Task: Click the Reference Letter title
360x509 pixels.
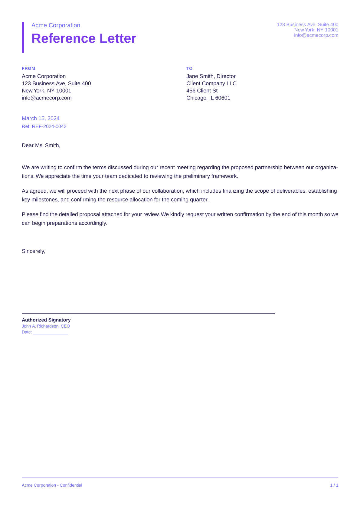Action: [x=84, y=39]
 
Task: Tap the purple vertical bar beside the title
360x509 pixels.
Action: [x=23, y=37]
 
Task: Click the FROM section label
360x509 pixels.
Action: [x=28, y=68]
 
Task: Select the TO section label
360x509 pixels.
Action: [x=189, y=68]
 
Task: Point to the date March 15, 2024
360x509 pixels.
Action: [x=41, y=118]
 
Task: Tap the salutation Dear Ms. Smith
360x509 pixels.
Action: [x=41, y=145]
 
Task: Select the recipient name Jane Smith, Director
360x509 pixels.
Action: [x=211, y=76]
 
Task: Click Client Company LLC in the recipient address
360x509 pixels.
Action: [x=211, y=83]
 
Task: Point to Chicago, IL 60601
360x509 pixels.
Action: [x=208, y=98]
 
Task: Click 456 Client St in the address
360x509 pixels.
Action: [x=202, y=91]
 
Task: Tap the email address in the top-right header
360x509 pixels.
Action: [x=316, y=35]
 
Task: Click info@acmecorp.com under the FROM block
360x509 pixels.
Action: [x=47, y=98]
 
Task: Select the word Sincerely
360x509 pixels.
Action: [x=33, y=251]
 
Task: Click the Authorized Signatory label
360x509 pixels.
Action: [x=46, y=320]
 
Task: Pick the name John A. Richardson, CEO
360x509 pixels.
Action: [x=46, y=326]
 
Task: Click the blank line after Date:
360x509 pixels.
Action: [x=51, y=333]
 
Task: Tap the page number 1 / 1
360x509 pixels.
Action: [x=334, y=485]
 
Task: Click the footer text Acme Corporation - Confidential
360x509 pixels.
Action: [x=52, y=485]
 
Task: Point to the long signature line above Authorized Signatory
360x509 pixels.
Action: [x=148, y=313]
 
